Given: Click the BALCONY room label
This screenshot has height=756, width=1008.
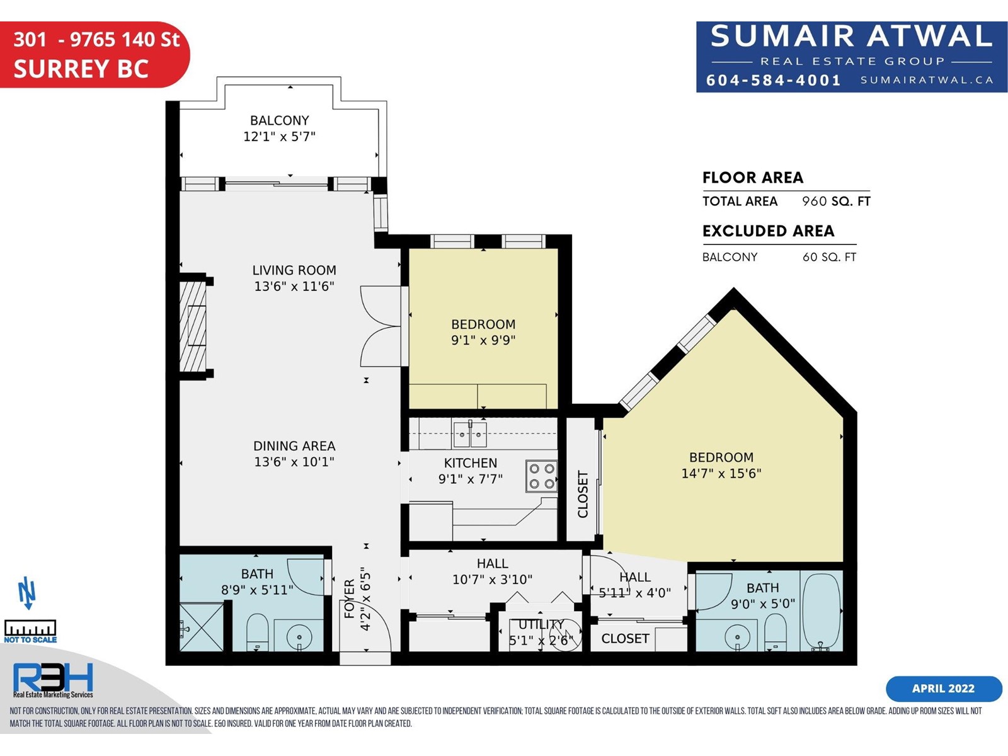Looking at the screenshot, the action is [x=279, y=120].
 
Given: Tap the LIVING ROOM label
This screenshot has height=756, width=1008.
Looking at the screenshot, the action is [x=294, y=270].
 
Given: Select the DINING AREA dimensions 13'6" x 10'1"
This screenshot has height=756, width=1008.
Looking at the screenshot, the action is [x=294, y=461].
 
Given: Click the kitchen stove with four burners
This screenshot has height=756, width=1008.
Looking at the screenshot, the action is [x=541, y=476].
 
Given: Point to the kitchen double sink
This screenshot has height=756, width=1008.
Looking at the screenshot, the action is [x=470, y=433].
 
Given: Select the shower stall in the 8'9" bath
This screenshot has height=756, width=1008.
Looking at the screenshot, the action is [x=202, y=627].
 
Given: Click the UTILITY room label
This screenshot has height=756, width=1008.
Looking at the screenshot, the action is [x=541, y=624].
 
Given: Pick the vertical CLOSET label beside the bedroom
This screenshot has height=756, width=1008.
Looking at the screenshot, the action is [x=582, y=494].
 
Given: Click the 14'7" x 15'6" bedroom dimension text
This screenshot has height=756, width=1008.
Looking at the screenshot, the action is [x=721, y=473].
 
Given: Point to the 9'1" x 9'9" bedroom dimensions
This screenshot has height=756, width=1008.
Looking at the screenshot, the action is [x=483, y=340].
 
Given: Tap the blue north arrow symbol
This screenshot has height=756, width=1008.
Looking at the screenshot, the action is [x=26, y=593].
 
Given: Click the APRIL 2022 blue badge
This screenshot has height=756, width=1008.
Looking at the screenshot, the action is [x=943, y=689].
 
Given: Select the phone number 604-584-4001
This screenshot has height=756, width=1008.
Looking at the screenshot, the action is [x=774, y=81].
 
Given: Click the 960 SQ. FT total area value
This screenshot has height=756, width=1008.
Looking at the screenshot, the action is [x=836, y=201].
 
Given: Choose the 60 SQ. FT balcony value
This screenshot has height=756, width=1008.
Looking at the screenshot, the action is [x=829, y=257].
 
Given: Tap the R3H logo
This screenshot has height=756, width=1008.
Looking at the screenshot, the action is [x=53, y=677].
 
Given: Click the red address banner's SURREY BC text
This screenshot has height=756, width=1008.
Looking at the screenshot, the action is [x=81, y=69].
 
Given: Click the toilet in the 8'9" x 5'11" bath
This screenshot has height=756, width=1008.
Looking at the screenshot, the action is [x=257, y=632].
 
